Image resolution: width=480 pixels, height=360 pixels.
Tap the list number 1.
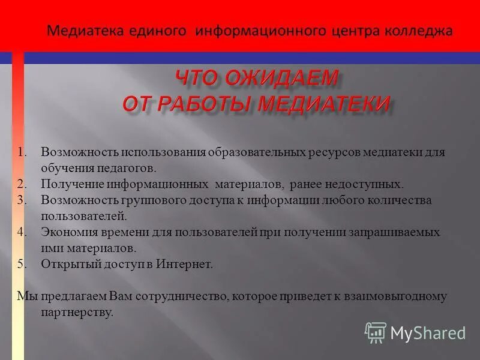pos(21,152)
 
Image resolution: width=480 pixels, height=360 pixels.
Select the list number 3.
pos(21,200)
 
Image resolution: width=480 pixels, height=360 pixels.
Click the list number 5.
pos(21,264)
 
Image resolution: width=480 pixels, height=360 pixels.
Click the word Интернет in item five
pos(187,264)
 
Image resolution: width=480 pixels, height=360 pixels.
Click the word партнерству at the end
pos(77,313)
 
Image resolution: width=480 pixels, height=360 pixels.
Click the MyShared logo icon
pos(376,332)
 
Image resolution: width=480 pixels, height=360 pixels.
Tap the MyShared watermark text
pos(428,333)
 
